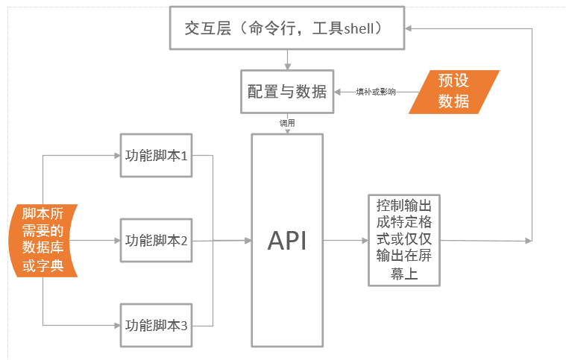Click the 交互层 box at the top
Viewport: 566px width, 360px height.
pos(287,28)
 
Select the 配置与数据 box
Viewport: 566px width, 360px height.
pos(287,91)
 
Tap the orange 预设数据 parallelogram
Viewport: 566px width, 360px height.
pos(454,92)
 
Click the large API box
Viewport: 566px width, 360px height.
pos(287,240)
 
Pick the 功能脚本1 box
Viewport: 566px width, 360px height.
pos(156,156)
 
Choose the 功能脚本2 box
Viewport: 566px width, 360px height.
pos(156,240)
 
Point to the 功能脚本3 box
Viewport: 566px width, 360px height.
pos(156,325)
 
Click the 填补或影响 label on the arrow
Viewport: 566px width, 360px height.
pos(375,92)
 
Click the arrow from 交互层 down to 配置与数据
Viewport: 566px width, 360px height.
pos(287,60)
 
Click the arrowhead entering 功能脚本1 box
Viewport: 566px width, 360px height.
pos(116,156)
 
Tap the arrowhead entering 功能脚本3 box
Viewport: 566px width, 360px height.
pos(116,325)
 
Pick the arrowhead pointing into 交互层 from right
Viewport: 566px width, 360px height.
pos(411,28)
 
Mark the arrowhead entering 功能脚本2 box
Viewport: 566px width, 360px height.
pos(116,240)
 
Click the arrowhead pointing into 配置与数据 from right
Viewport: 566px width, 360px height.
pos(338,92)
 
